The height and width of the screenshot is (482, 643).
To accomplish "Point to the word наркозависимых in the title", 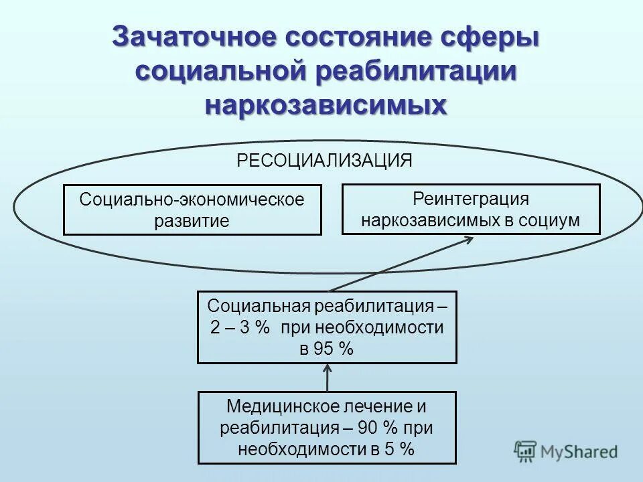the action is coord(326,106).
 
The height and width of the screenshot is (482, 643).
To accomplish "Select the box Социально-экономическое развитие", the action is coord(192,210).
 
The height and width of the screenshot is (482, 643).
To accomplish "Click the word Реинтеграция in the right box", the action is coord(471,199).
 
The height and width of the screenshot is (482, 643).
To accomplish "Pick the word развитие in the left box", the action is coord(192,221).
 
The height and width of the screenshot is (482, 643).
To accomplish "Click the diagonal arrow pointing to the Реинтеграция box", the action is coord(402,264).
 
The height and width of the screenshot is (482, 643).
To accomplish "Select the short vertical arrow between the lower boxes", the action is coord(328,378).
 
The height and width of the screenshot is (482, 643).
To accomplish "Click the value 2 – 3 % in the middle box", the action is coord(239,328).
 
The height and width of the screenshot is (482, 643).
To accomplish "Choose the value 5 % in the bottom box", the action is coord(399,449).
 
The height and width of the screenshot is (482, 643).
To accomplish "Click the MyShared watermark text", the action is coord(580,452).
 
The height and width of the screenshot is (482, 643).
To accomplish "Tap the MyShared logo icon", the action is coord(526,451).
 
